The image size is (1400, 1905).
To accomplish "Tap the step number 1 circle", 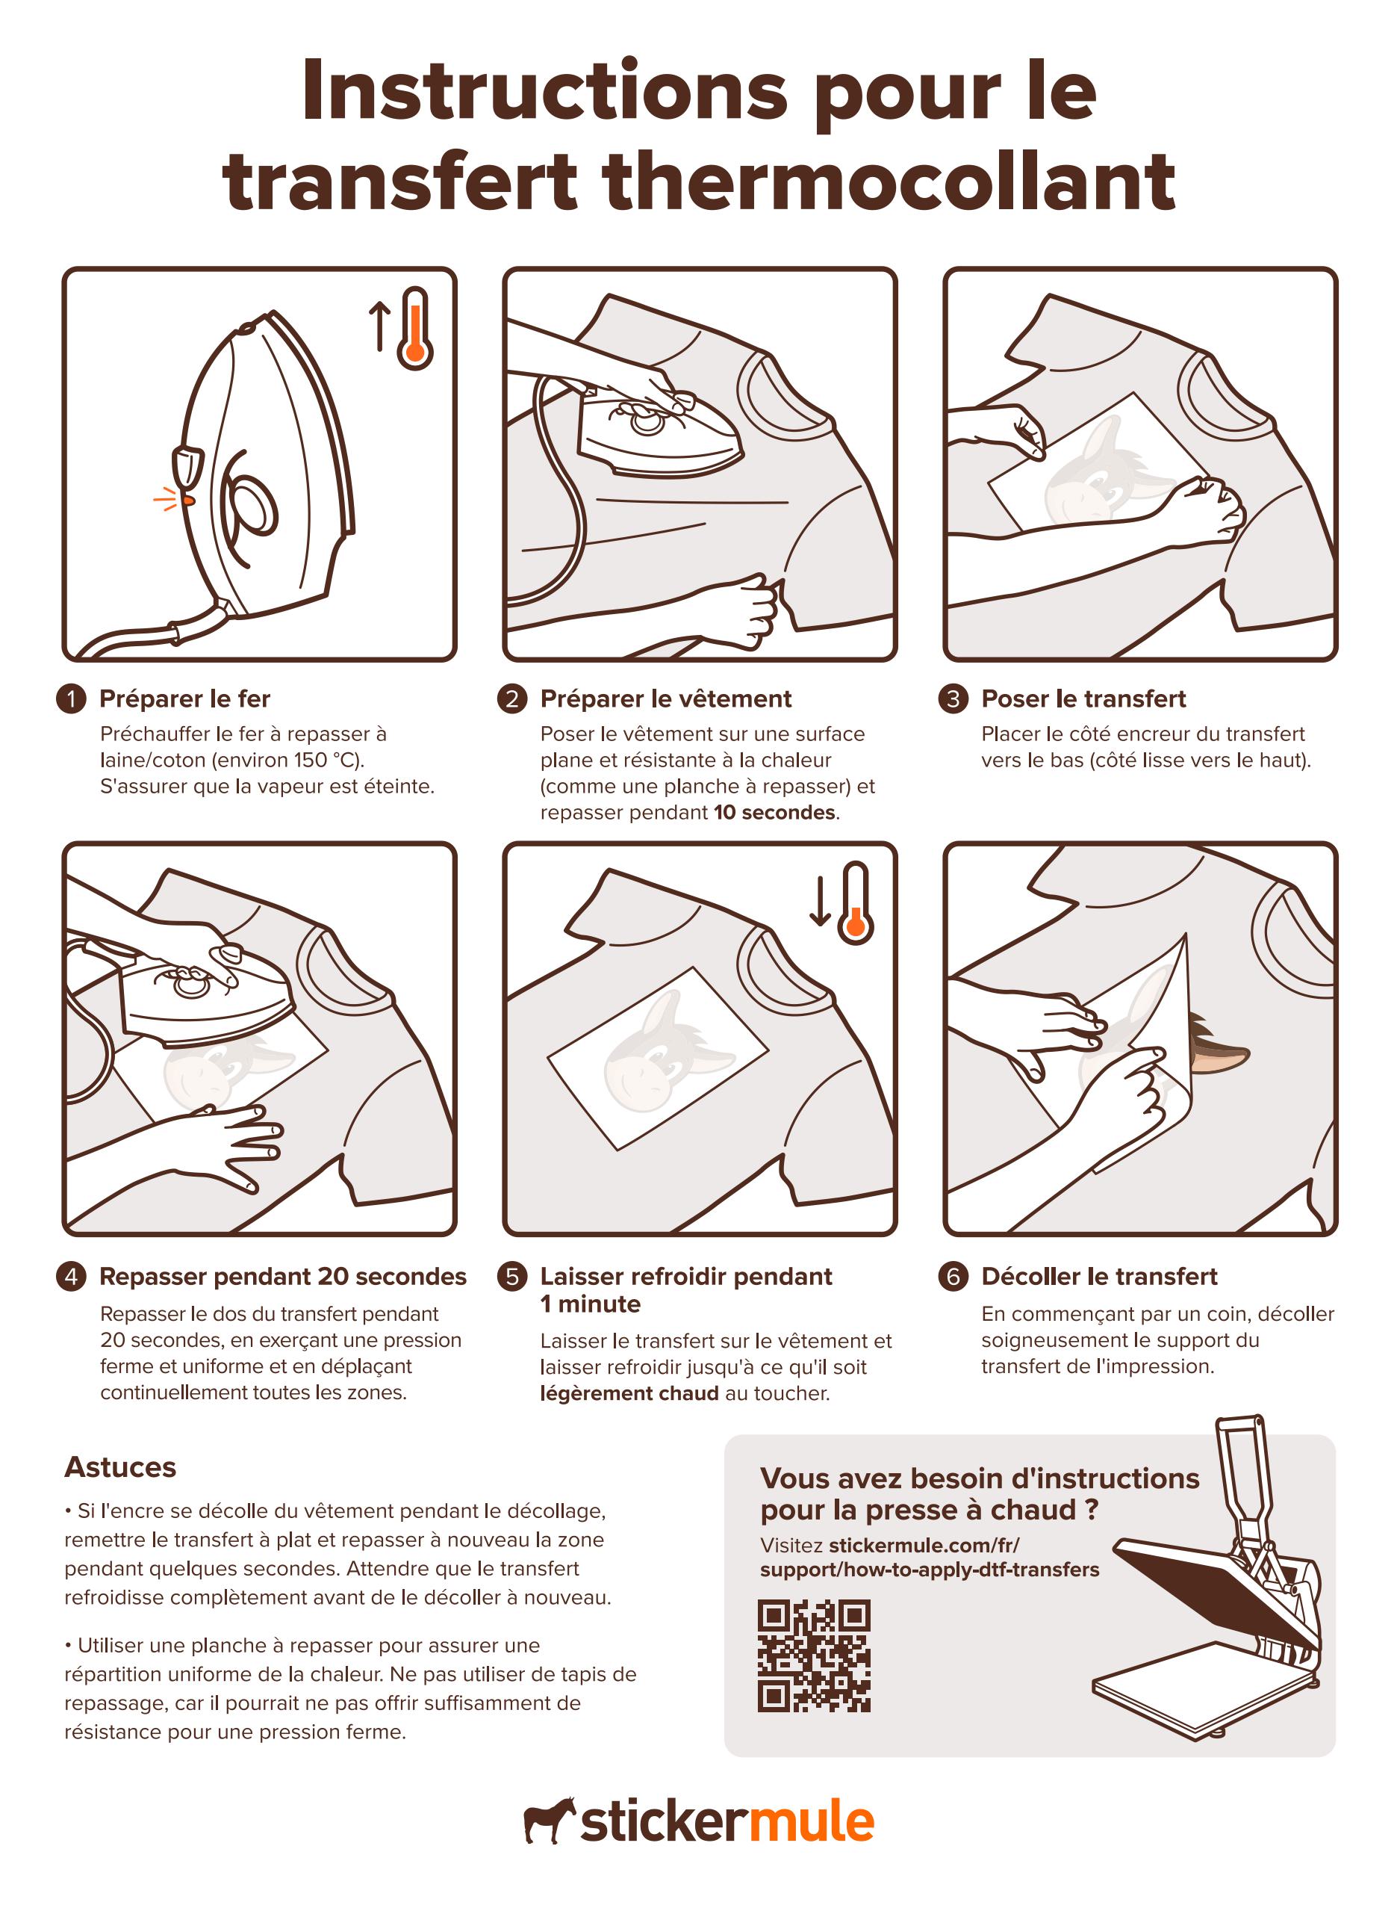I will coord(71,698).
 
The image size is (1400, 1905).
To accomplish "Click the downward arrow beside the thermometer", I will coord(820,901).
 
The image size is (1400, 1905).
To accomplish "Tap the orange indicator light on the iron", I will coord(188,501).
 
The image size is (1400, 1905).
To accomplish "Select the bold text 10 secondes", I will coord(774,812).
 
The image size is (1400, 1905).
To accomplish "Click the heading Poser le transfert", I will coord(1083,698).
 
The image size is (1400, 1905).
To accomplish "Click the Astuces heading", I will coord(120,1466).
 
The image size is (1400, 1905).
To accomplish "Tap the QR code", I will coord(814,1655).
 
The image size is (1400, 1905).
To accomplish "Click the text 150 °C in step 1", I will coord(326,760).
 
